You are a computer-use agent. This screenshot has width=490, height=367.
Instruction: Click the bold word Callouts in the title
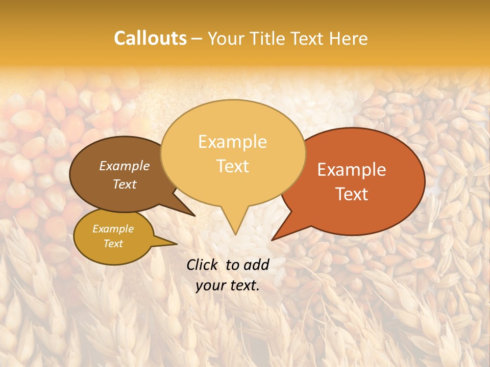(x=150, y=38)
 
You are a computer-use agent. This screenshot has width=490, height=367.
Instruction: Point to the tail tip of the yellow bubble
(x=235, y=234)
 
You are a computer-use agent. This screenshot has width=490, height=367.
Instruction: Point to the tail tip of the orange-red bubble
(x=273, y=240)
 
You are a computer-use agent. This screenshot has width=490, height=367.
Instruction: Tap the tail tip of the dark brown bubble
(x=194, y=216)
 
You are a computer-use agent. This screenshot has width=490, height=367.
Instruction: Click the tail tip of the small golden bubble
(x=177, y=244)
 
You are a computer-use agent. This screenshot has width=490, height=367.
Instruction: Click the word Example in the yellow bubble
(x=233, y=142)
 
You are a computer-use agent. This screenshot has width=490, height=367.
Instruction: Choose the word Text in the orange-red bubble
(x=352, y=194)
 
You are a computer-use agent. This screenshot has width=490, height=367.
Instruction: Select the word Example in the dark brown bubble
(x=125, y=166)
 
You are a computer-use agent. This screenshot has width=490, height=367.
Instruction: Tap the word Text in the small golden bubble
(x=113, y=244)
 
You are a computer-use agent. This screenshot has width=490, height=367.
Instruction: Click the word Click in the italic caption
(x=204, y=265)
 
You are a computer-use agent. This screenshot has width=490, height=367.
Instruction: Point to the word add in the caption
(x=257, y=265)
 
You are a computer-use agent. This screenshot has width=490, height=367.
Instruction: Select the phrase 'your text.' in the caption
(x=228, y=285)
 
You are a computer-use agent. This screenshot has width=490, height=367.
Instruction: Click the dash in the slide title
(x=197, y=39)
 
